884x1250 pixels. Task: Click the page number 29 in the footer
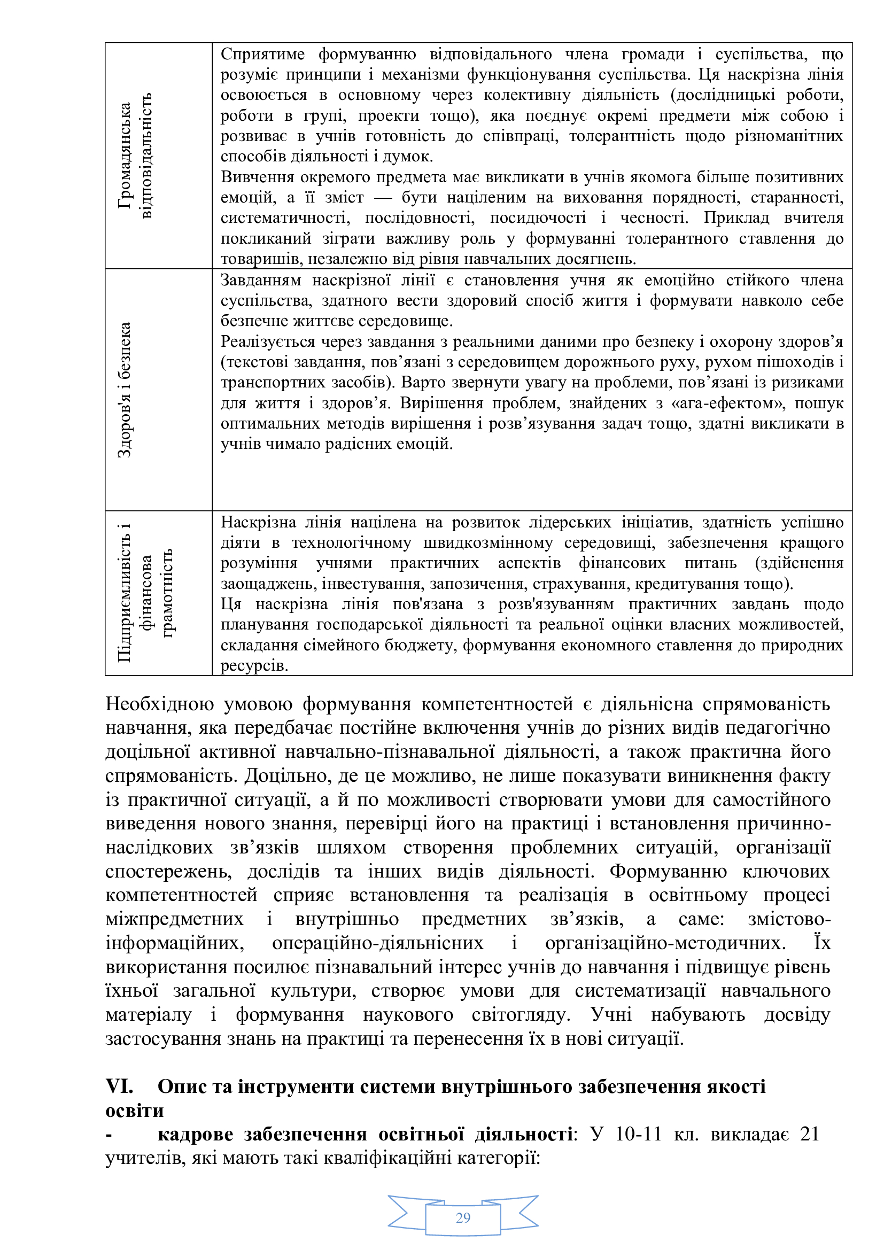click(x=463, y=1217)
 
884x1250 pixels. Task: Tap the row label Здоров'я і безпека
click(x=125, y=390)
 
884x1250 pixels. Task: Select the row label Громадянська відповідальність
click(x=135, y=156)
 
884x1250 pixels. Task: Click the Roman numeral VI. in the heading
click(x=119, y=1086)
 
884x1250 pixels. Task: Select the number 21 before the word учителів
click(x=809, y=1134)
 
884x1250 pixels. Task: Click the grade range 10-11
click(x=639, y=1134)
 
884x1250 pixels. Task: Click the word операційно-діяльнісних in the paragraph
click(x=378, y=942)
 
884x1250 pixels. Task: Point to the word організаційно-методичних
click(x=665, y=942)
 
